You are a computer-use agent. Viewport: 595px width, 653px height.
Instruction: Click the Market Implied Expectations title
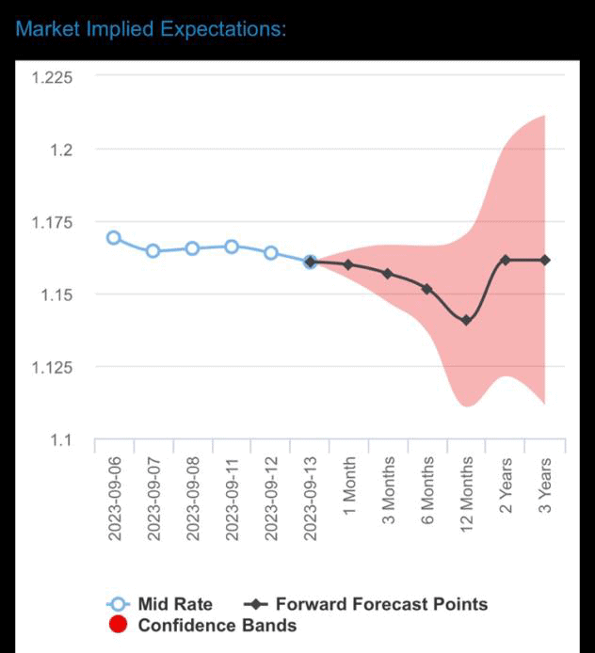pos(151,28)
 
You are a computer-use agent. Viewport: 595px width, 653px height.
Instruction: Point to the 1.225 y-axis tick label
pos(52,77)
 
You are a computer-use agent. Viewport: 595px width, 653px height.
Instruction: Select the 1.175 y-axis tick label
pos(52,222)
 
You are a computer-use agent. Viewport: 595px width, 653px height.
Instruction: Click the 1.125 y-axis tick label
pos(52,367)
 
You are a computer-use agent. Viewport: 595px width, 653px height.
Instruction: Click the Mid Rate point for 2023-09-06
pos(114,238)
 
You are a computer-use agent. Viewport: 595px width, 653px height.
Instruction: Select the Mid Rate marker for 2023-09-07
pos(153,251)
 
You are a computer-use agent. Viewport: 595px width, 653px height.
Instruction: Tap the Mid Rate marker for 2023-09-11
pos(232,247)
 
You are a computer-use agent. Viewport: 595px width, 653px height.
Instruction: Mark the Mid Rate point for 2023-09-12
pos(271,252)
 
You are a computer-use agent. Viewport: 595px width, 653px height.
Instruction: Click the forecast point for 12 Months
pos(466,321)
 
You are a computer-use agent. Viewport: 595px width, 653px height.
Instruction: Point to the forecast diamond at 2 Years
pos(506,260)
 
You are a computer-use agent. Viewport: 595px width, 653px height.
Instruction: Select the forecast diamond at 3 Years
pos(545,260)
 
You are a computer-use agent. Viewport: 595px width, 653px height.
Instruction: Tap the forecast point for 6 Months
pos(426,289)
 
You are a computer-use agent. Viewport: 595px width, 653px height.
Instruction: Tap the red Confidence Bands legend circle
pos(118,625)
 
